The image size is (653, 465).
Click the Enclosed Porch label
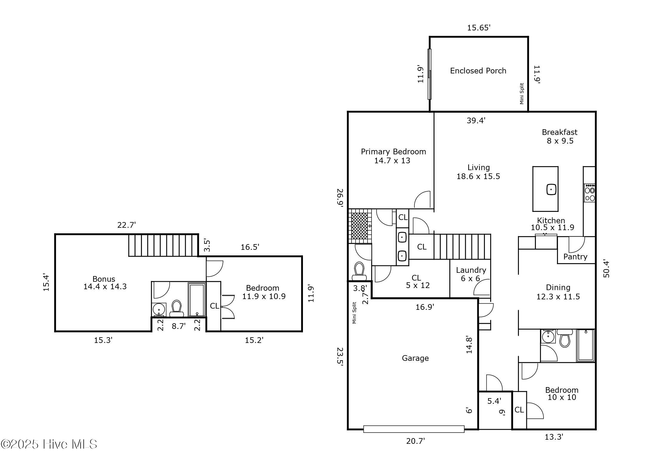tap(478, 71)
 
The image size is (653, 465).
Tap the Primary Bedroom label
tap(393, 152)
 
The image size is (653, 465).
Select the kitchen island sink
tap(551, 189)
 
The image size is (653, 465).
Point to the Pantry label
tap(575, 257)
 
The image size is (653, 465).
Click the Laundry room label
tap(471, 270)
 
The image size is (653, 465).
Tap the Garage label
tap(415, 358)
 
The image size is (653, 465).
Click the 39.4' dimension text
tap(476, 120)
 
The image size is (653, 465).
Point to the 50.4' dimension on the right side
tap(606, 269)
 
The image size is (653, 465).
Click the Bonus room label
tap(104, 279)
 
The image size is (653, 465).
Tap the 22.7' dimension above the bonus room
tap(126, 225)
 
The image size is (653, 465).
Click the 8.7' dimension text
tap(178, 326)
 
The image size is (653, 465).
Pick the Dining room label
tap(558, 287)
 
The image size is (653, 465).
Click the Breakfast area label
tap(559, 132)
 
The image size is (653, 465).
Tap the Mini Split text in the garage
tap(355, 313)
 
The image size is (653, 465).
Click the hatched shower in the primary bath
tap(360, 226)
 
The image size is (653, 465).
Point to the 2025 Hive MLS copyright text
tap(49, 444)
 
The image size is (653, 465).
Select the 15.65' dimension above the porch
tap(479, 28)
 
